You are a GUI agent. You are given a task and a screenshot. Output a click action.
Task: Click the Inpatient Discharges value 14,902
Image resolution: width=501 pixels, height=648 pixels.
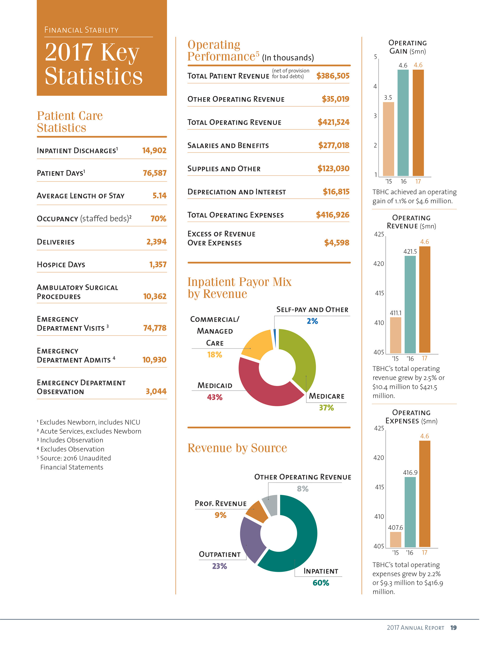(x=154, y=150)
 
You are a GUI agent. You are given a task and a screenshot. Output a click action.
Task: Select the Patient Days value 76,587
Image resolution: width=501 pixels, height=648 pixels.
(x=154, y=173)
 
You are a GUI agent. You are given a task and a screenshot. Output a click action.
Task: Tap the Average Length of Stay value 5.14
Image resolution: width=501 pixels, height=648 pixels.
(x=159, y=196)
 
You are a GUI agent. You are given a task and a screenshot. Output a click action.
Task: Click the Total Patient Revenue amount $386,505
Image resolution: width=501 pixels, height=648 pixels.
(x=333, y=76)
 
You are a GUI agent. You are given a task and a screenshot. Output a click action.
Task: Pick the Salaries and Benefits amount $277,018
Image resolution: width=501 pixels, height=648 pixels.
(x=333, y=146)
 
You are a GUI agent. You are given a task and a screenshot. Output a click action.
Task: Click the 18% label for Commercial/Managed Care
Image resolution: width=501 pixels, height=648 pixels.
(x=214, y=355)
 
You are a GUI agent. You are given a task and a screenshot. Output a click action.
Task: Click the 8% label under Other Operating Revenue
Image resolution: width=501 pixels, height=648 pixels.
(x=303, y=489)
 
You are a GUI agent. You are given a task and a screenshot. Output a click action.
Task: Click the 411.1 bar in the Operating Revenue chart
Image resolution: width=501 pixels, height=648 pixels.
(x=395, y=335)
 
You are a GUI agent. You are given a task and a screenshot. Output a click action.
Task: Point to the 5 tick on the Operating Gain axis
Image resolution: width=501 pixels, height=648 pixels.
(x=375, y=57)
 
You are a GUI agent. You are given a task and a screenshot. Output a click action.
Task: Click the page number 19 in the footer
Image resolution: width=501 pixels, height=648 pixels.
(x=453, y=627)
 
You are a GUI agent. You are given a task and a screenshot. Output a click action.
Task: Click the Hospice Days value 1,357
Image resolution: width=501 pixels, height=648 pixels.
(x=158, y=264)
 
